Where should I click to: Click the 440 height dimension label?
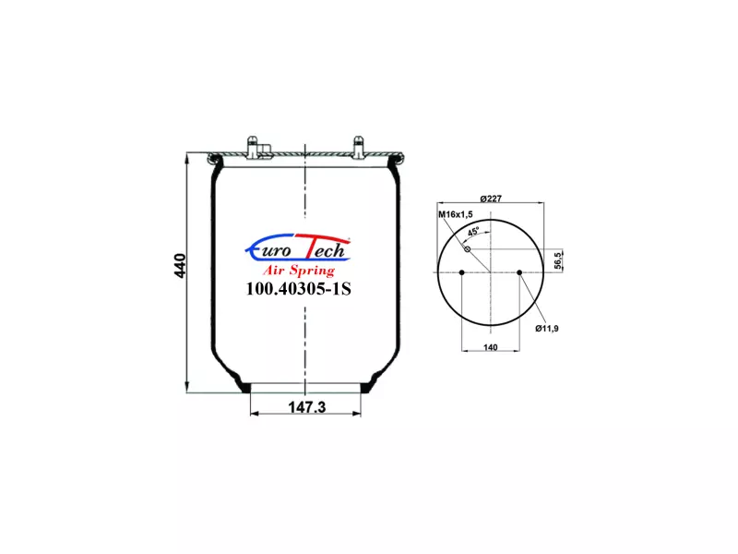pyautogui.click(x=180, y=266)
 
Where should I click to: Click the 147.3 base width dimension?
pyautogui.click(x=306, y=407)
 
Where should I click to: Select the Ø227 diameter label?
pyautogui.click(x=491, y=199)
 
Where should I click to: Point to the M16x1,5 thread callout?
pyautogui.click(x=456, y=215)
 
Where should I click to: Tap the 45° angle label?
pyautogui.click(x=473, y=232)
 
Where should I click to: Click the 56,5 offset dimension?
pyautogui.click(x=558, y=261)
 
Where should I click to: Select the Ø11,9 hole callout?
pyautogui.click(x=547, y=329)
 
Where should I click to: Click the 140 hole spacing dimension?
pyautogui.click(x=491, y=347)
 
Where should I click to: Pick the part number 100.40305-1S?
pyautogui.click(x=298, y=289)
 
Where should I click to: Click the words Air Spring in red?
pyautogui.click(x=298, y=271)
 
